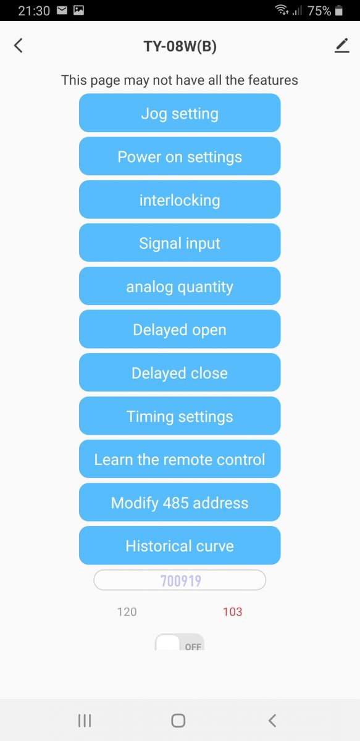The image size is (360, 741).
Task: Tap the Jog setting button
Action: (x=180, y=113)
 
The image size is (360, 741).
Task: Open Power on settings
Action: (x=180, y=156)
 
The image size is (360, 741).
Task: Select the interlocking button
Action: (x=180, y=199)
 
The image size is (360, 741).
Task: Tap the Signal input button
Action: (x=180, y=243)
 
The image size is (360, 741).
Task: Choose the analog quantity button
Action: (x=180, y=286)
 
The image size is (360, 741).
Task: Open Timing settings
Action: (x=180, y=416)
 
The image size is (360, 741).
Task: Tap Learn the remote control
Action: (x=180, y=459)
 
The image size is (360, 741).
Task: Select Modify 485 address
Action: (x=180, y=503)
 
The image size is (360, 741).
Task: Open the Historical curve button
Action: (x=180, y=546)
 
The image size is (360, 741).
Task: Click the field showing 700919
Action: (x=180, y=580)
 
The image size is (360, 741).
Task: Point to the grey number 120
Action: (x=127, y=612)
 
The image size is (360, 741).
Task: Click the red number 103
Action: (x=232, y=612)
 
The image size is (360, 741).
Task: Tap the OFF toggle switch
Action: (x=180, y=642)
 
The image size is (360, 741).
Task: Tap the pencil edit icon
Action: (x=342, y=46)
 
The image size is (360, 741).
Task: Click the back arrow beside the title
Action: (x=19, y=45)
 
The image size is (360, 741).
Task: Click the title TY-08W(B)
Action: (x=180, y=46)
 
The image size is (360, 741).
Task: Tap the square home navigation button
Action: (x=178, y=721)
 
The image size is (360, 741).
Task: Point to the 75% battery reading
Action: (x=319, y=11)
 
